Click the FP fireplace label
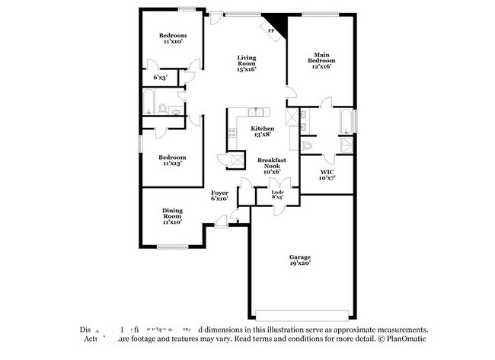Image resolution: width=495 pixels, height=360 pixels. coord(270,32)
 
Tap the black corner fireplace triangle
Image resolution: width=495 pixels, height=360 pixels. coord(279,26)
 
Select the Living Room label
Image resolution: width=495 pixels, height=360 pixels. coord(246,63)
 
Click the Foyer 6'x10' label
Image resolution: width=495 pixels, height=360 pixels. coord(219,196)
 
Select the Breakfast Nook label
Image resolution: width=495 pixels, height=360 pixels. coord(271,166)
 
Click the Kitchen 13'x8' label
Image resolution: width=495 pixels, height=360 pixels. coord(262,132)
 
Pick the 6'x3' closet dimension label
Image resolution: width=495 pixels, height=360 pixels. coord(160,77)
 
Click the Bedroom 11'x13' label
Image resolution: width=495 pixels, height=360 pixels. coord(171,160)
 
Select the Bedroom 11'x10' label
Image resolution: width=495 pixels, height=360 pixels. coord(171,38)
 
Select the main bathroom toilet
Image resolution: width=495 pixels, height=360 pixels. coord(307,145)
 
